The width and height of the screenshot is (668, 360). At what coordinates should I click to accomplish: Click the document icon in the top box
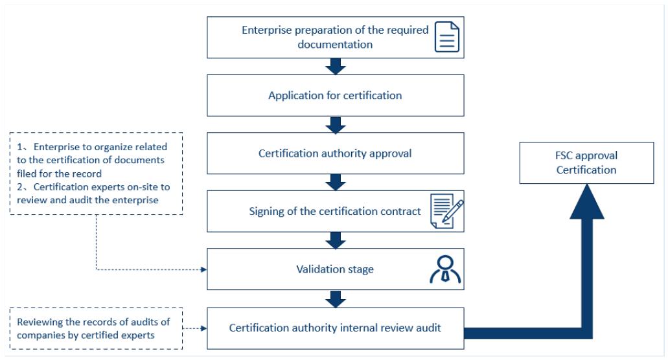(447, 37)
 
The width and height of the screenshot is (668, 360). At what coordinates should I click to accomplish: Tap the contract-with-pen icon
(446, 212)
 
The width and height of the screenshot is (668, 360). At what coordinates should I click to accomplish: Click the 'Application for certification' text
(335, 95)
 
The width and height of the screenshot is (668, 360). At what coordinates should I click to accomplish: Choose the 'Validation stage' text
(335, 269)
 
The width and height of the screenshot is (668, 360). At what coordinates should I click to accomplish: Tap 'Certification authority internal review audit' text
(335, 327)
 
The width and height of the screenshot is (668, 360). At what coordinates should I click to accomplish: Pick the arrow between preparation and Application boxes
(335, 66)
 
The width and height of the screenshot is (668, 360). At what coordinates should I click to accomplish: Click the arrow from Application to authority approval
(335, 124)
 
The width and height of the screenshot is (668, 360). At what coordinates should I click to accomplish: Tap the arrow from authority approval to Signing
(335, 182)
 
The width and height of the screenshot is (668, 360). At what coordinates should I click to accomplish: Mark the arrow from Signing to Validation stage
(335, 240)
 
